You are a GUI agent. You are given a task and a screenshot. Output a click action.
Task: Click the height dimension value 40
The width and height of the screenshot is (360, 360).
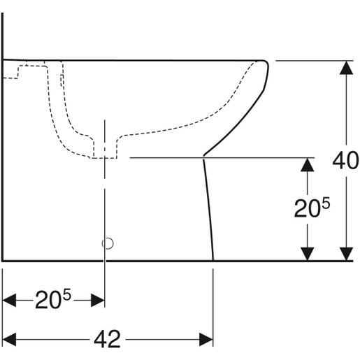point(346,161)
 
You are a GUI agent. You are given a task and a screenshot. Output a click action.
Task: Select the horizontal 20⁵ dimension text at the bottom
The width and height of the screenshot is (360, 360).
point(53,301)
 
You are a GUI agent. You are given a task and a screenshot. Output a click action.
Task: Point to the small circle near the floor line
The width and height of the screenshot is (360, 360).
point(107,243)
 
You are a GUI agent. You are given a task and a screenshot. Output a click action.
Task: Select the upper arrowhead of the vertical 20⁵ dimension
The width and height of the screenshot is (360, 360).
point(305,164)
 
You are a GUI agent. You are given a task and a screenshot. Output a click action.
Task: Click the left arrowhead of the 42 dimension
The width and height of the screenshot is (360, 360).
point(10,340)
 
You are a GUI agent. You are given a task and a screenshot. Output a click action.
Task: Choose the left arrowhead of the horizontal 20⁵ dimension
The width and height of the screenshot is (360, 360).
point(10,301)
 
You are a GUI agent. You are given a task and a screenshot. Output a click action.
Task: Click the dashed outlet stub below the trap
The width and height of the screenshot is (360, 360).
point(105,150)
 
